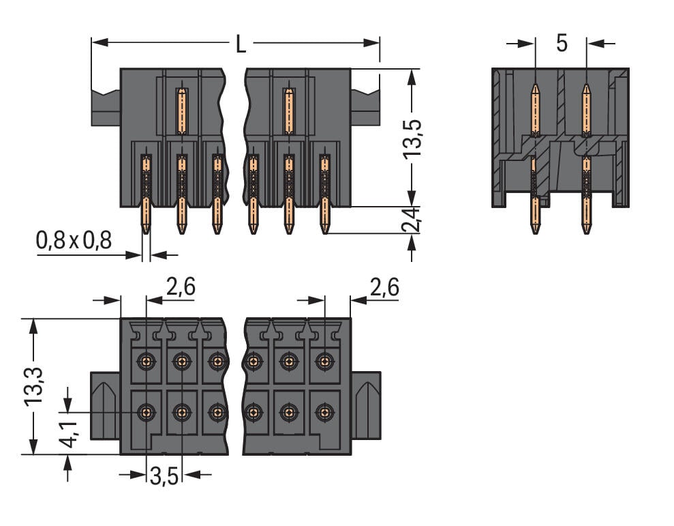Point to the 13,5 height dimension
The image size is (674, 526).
pos(412,140)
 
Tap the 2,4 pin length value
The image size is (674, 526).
pos(412,220)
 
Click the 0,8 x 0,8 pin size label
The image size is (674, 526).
pos(73,240)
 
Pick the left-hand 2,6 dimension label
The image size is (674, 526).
pos(181,287)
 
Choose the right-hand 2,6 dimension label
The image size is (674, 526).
pos(383,287)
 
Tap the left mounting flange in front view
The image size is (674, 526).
pos(106,106)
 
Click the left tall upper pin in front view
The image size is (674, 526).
pos(181,111)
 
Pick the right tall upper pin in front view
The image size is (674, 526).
pos(289,111)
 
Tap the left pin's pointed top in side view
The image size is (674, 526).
pos(535,88)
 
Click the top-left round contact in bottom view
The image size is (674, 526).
pos(146,361)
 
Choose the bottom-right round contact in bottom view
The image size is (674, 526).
pos(324,412)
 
